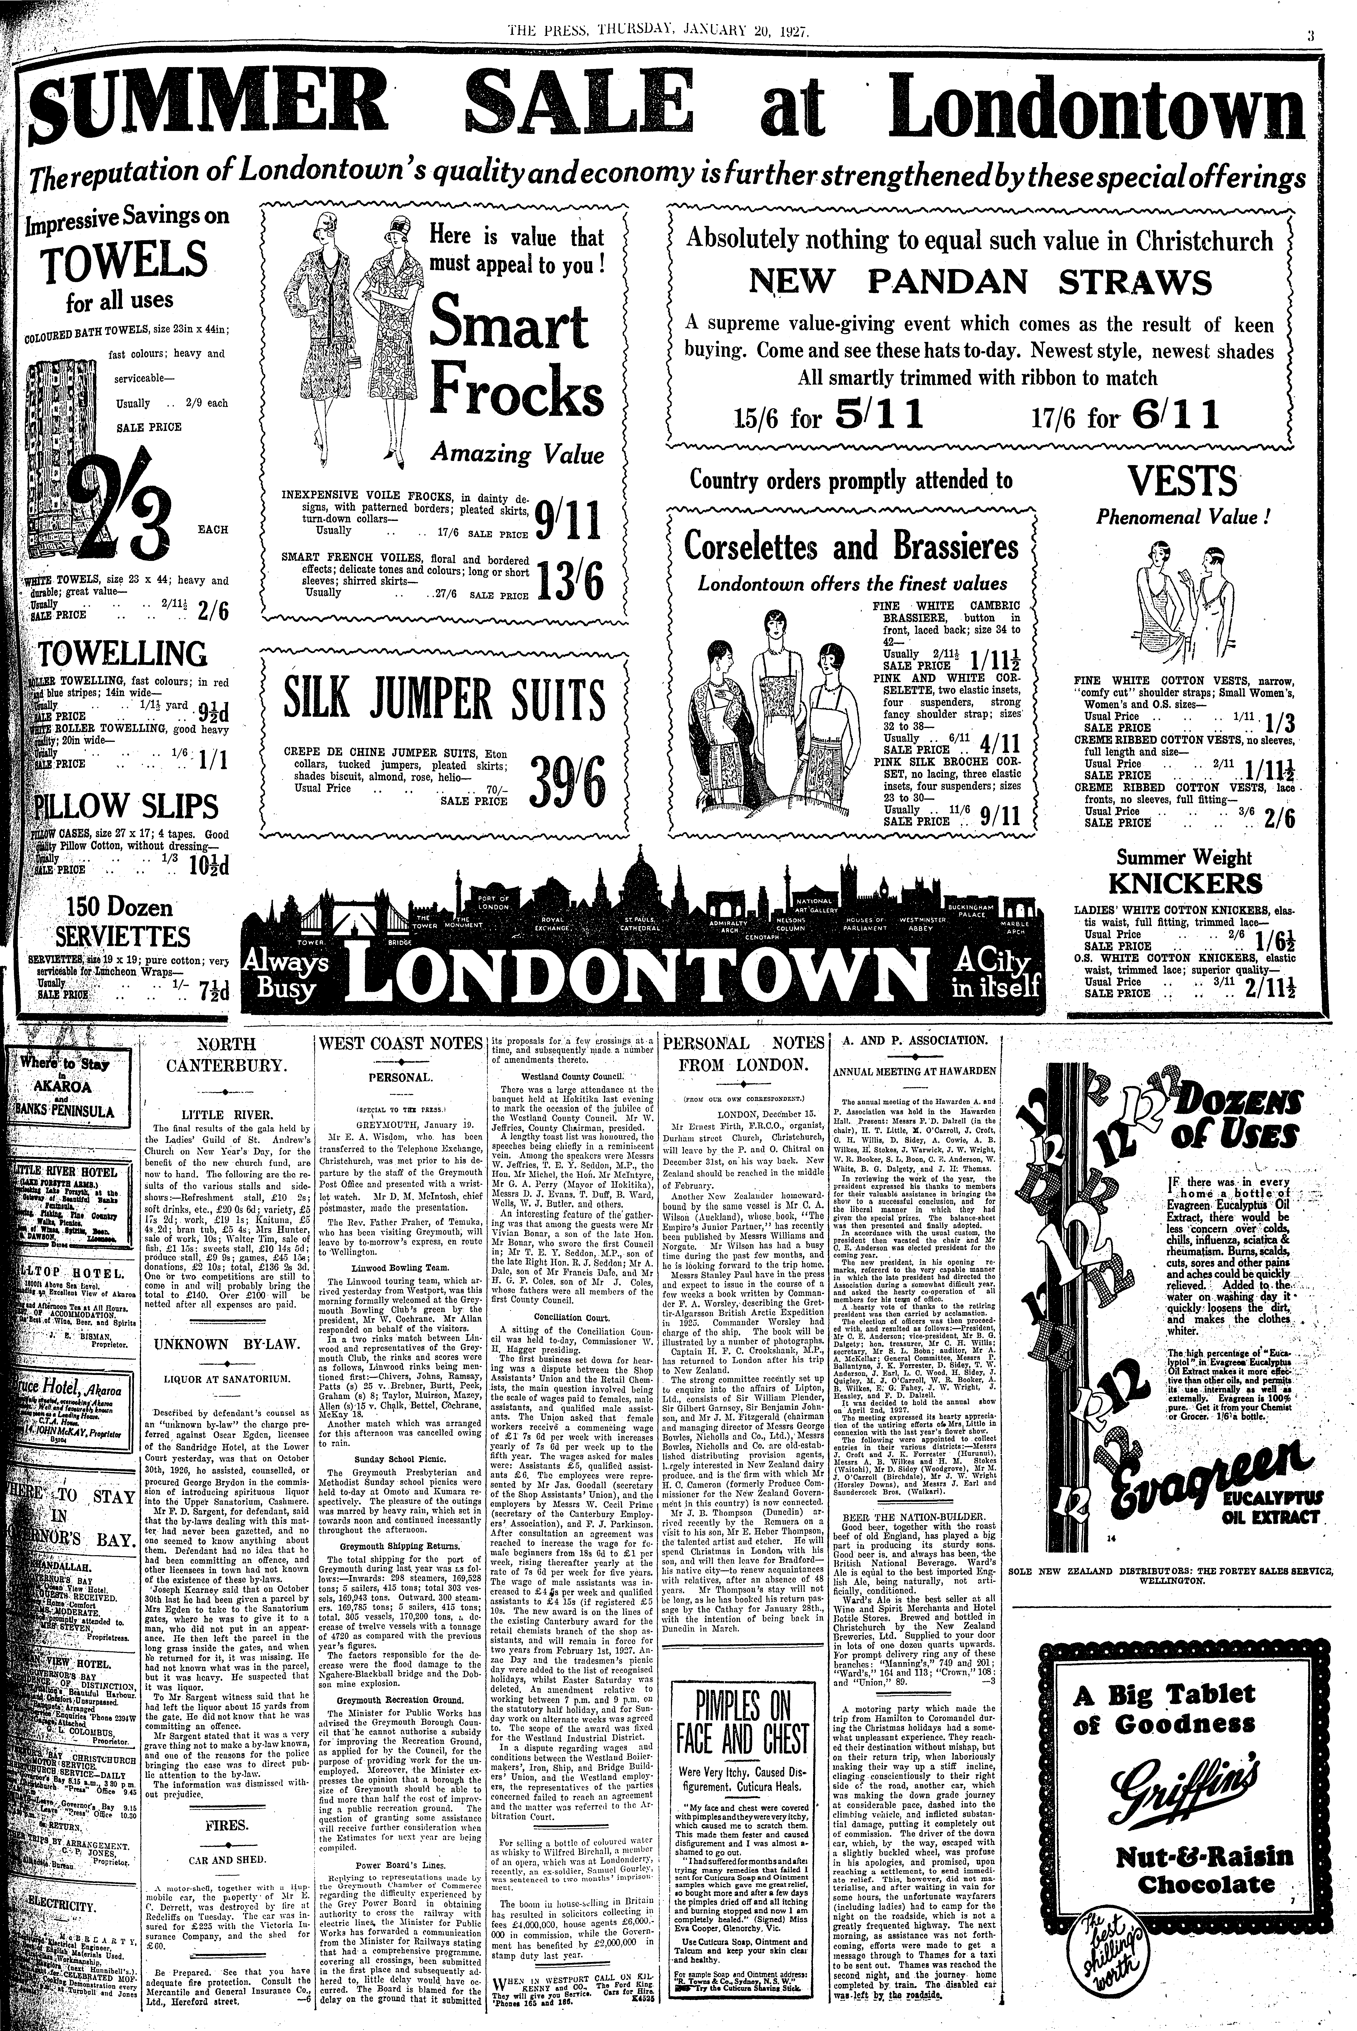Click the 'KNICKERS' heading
(x=1183, y=884)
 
